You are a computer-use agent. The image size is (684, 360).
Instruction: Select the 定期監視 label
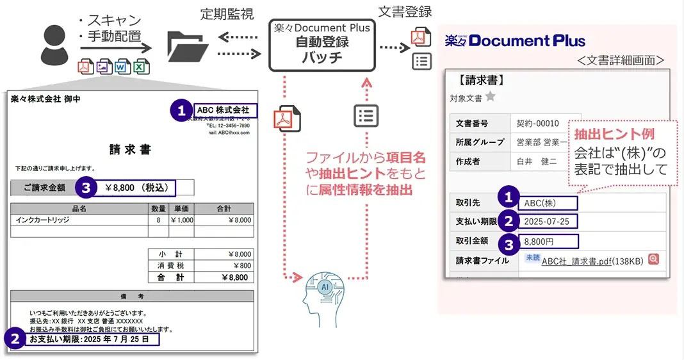(226, 14)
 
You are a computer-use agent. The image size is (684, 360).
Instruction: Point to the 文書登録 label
(404, 12)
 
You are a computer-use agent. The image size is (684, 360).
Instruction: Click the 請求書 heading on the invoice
(130, 149)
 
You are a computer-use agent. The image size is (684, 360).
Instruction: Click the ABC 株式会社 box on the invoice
(224, 111)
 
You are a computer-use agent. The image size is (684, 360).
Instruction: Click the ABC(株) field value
(548, 203)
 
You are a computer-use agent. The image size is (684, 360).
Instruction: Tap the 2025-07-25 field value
(548, 222)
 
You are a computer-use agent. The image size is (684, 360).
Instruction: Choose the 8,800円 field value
(548, 242)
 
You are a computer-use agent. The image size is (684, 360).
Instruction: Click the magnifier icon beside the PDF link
(653, 259)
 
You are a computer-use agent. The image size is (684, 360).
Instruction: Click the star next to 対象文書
(490, 97)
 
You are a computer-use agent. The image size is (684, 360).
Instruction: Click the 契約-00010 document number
(537, 123)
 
